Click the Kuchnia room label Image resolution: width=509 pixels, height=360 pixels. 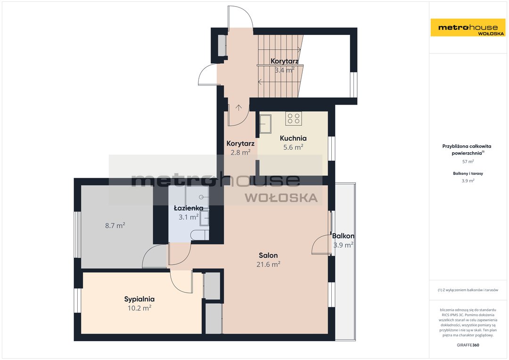[x=293, y=138]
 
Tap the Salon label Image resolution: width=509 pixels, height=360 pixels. [x=268, y=255]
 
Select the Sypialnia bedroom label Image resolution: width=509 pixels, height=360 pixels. [x=139, y=299]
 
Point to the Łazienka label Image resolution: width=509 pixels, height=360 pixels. [x=189, y=208]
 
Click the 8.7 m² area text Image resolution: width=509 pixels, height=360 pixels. [x=115, y=225]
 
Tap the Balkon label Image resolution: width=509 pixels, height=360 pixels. [x=343, y=236]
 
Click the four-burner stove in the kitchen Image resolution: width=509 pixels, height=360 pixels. [x=294, y=118]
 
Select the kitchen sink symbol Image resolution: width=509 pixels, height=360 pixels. [x=265, y=124]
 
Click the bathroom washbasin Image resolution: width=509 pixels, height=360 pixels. [x=205, y=218]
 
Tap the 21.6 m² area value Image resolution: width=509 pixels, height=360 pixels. [x=269, y=264]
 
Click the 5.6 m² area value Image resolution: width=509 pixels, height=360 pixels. [x=293, y=147]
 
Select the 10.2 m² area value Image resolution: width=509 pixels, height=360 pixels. [x=139, y=308]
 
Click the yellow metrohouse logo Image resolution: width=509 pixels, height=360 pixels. [x=468, y=28]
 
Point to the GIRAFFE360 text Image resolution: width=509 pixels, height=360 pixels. [x=468, y=345]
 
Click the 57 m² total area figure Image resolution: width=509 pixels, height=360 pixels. [x=468, y=161]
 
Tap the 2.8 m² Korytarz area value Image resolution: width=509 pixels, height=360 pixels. [x=240, y=152]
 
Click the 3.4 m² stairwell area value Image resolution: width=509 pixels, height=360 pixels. [x=285, y=70]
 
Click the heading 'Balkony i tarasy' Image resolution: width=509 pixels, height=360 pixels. [x=468, y=174]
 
